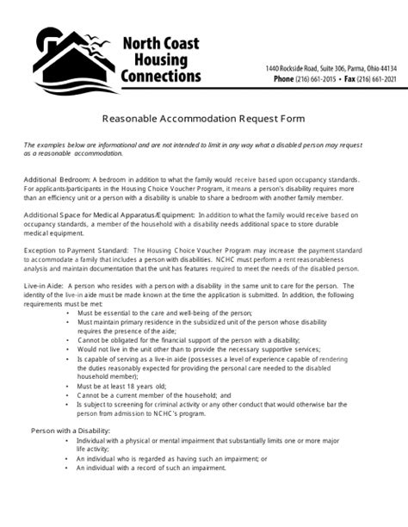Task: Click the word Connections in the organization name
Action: tap(161, 77)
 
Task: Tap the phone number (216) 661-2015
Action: tap(318, 78)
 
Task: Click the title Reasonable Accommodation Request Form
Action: tap(204, 117)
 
